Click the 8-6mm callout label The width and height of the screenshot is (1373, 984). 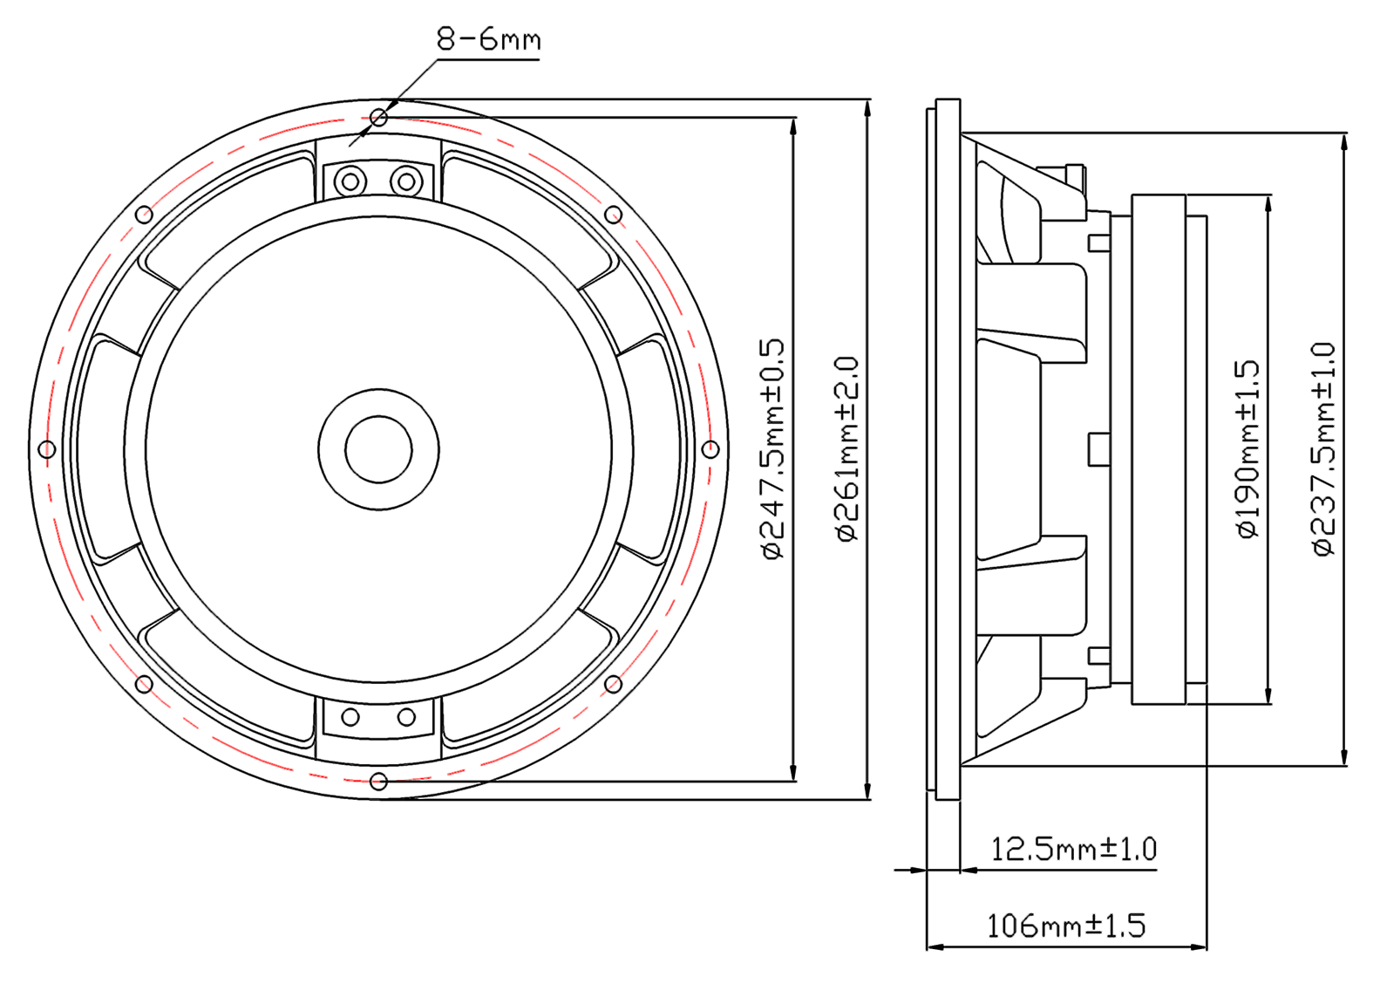tap(488, 39)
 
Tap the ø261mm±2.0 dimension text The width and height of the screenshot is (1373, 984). tap(847, 448)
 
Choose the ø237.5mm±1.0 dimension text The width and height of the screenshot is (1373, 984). tap(1323, 449)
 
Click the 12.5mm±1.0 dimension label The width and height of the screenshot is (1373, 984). tap(1073, 850)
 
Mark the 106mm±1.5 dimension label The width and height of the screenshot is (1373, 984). tap(1066, 926)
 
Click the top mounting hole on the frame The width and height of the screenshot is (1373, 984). tap(379, 117)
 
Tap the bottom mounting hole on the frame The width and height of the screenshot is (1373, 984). tap(379, 782)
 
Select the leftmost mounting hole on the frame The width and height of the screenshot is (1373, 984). tap(47, 449)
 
